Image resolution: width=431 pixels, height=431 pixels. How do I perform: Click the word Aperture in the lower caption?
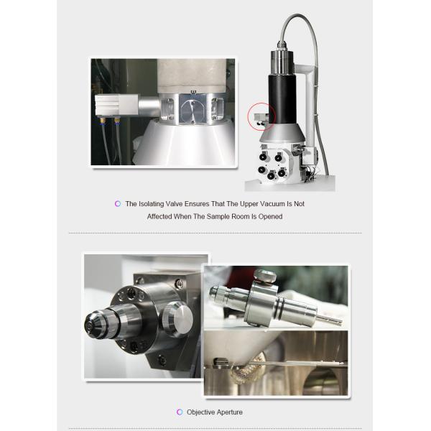(x=228, y=412)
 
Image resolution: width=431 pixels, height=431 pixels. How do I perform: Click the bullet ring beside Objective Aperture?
(x=180, y=412)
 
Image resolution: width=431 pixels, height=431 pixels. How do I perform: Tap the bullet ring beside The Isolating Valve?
(x=118, y=204)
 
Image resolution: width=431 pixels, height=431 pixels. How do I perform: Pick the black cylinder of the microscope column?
(x=282, y=98)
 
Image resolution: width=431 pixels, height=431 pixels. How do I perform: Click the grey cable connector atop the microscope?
(x=282, y=45)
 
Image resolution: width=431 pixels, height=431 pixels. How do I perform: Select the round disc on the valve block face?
(x=193, y=111)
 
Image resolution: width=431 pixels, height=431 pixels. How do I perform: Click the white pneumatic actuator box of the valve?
(x=116, y=104)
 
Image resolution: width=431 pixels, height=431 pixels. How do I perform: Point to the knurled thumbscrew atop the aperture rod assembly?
(x=265, y=276)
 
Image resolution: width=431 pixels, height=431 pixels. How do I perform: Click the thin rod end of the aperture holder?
(x=329, y=320)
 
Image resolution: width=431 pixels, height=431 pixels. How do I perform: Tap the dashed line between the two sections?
(x=215, y=233)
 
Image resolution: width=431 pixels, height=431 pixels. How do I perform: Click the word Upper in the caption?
(x=249, y=204)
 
